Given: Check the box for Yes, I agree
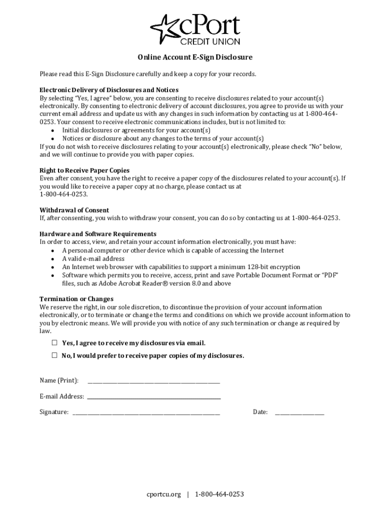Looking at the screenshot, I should tap(54, 343).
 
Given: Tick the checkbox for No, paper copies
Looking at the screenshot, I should tap(54, 355).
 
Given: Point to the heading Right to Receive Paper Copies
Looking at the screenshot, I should tap(84, 170).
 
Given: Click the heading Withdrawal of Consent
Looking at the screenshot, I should tap(74, 210).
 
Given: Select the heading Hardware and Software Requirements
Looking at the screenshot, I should tap(98, 234).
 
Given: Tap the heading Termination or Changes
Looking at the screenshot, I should tap(76, 299).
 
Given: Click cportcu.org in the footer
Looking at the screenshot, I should tap(163, 494).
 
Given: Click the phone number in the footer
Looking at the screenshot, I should tap(219, 494).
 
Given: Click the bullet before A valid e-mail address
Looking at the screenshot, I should tap(52, 259).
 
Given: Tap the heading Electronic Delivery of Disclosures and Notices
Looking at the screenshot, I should tap(109, 90).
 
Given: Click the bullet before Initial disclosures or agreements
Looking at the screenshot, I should tap(52, 130).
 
